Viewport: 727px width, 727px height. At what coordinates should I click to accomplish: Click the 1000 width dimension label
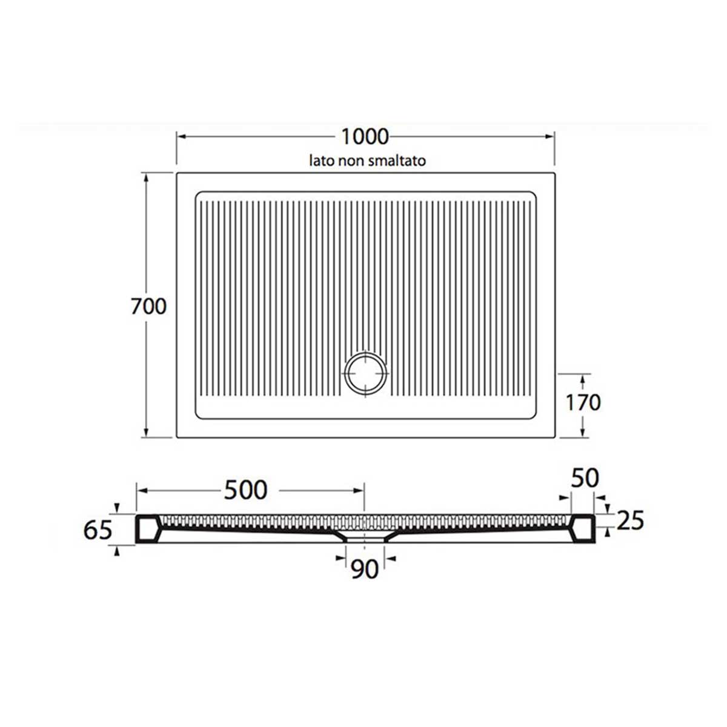click(x=365, y=136)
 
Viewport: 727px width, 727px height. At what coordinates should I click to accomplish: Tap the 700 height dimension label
click(x=148, y=307)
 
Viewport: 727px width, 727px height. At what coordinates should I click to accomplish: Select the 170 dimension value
click(x=582, y=402)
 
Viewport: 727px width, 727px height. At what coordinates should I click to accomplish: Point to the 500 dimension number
click(x=245, y=490)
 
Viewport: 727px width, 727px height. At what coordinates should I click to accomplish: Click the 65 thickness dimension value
click(x=98, y=529)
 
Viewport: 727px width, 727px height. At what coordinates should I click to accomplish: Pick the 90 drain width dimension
click(x=365, y=569)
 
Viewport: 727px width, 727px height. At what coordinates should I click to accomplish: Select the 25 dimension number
click(x=629, y=520)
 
